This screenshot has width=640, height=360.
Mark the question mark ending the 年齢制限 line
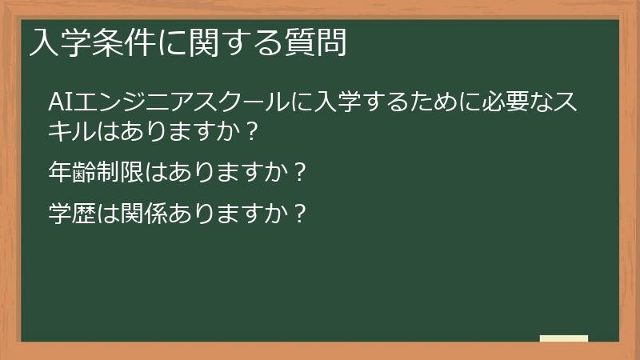click(300, 171)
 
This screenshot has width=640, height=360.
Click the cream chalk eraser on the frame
click(563, 338)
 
